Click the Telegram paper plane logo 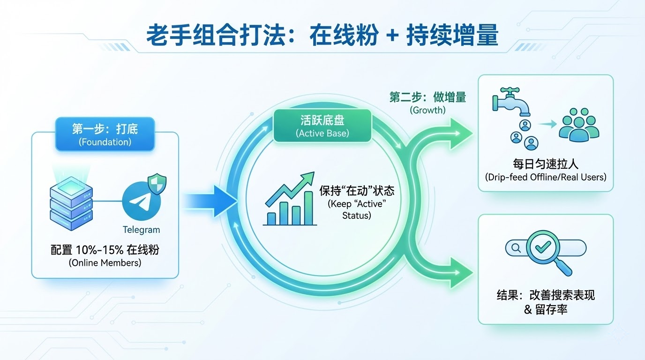coord(142,201)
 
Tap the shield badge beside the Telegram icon coord(157,184)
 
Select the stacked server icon coord(71,203)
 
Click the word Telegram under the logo coord(141,230)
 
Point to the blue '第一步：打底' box coord(105,134)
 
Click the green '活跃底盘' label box coord(322,126)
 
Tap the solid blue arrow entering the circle coord(210,201)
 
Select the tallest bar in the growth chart coord(308,208)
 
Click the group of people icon coord(579,125)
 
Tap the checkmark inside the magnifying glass coord(543,247)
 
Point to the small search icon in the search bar coord(516,248)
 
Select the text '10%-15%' coord(100,250)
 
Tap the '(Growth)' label coord(427,110)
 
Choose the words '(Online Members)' coord(105,262)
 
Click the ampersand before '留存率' coord(528,309)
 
